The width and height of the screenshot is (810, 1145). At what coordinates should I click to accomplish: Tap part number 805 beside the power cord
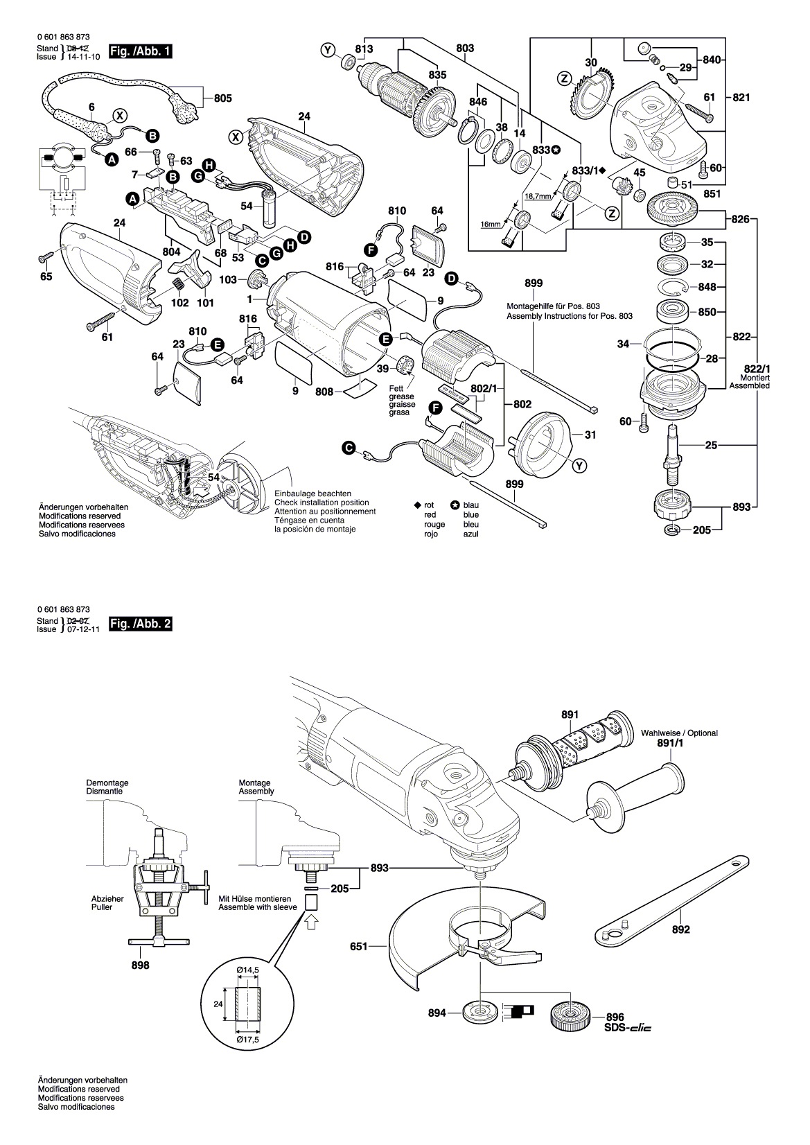(x=222, y=98)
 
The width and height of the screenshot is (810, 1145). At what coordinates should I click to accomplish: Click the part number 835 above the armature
(x=437, y=75)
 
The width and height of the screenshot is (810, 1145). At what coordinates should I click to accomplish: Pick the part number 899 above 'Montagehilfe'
(x=534, y=283)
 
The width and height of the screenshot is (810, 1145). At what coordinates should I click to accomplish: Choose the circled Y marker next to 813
(x=328, y=49)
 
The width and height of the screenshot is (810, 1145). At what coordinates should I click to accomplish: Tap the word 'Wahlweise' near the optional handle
(x=659, y=733)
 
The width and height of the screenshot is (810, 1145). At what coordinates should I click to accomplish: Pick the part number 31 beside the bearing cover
(x=590, y=435)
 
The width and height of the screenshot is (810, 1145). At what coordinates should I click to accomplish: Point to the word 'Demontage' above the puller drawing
(x=107, y=783)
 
